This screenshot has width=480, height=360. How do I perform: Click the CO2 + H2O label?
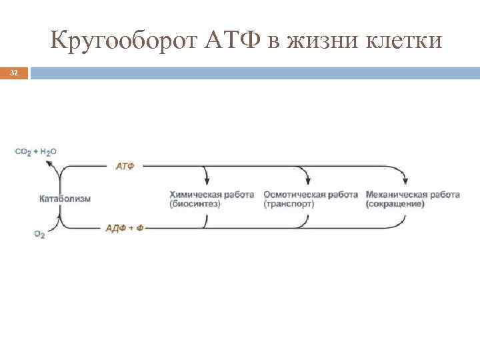(36, 152)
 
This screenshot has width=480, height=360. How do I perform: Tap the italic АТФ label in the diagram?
(125, 166)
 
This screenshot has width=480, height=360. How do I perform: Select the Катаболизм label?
(65, 198)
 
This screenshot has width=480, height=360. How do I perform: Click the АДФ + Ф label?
(125, 227)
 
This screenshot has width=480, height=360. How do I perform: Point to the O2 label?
(39, 235)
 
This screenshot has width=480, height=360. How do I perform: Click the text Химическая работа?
(211, 195)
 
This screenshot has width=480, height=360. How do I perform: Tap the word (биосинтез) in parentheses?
(195, 204)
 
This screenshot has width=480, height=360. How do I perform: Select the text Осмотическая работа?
(311, 195)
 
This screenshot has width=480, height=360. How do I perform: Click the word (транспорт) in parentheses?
(289, 204)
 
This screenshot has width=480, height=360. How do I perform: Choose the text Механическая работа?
(413, 195)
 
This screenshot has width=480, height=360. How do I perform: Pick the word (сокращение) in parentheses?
(395, 204)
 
